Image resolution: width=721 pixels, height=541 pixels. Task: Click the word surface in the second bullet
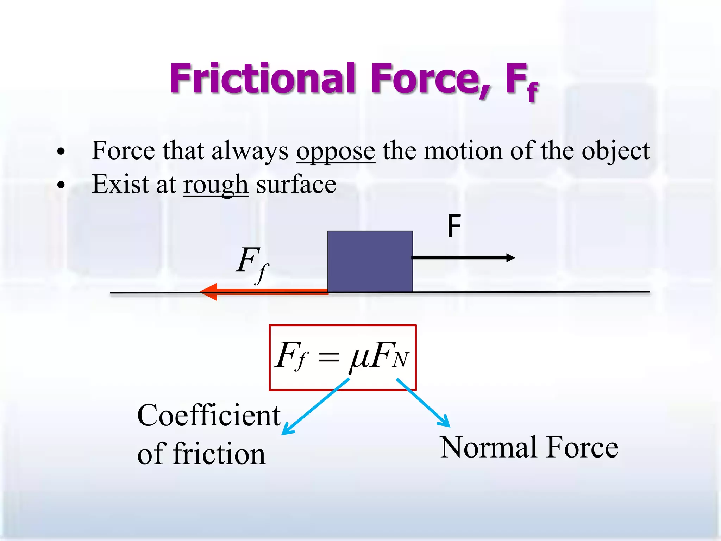pos(296,184)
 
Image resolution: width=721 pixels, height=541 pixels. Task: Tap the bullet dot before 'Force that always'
pos(61,151)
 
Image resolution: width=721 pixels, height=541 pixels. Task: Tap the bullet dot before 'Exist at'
pos(61,185)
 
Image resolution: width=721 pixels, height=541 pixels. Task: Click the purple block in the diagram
pos(370,261)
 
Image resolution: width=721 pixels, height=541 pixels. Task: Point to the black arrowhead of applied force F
pos(510,258)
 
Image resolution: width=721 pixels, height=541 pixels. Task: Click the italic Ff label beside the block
pos(251,263)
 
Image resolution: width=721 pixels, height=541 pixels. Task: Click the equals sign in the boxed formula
pos(329,358)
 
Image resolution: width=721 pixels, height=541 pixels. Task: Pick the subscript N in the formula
pos(401,360)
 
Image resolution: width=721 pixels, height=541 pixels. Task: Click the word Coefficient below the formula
pos(209,416)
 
